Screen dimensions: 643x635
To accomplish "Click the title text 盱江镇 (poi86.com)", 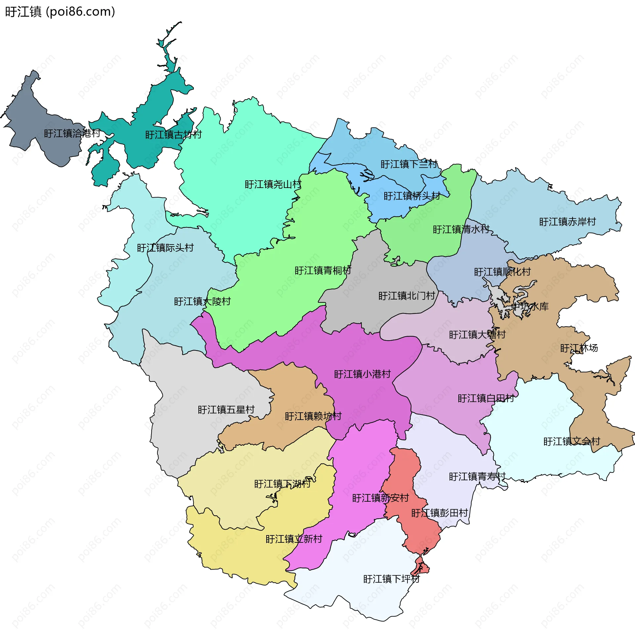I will coord(60,12).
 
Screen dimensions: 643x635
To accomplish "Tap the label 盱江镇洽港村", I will coord(72,133).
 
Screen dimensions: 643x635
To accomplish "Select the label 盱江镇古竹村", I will coord(173,135).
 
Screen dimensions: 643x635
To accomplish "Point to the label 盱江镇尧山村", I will coord(273,184).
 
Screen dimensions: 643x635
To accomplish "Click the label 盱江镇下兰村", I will coord(409,164).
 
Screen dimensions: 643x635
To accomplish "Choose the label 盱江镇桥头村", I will coord(412,196).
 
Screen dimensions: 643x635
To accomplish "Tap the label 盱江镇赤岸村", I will coord(567,222).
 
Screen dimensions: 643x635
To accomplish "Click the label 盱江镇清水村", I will coord(461,229).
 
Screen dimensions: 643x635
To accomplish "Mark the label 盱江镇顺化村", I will coord(502,272).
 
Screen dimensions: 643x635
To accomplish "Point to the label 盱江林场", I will coord(579,348).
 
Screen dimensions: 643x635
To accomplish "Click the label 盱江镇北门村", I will coord(406,296).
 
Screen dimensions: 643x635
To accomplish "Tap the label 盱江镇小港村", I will coord(362,374).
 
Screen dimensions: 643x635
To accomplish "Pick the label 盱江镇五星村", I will coord(226,410).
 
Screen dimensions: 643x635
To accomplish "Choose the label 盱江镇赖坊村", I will coord(313,416).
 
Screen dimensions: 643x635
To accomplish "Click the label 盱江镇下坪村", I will coord(391,579).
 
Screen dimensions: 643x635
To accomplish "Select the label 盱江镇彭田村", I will coord(440,513).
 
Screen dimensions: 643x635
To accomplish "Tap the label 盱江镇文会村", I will coord(571,442).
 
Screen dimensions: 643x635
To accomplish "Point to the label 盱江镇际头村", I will coord(165,248).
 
